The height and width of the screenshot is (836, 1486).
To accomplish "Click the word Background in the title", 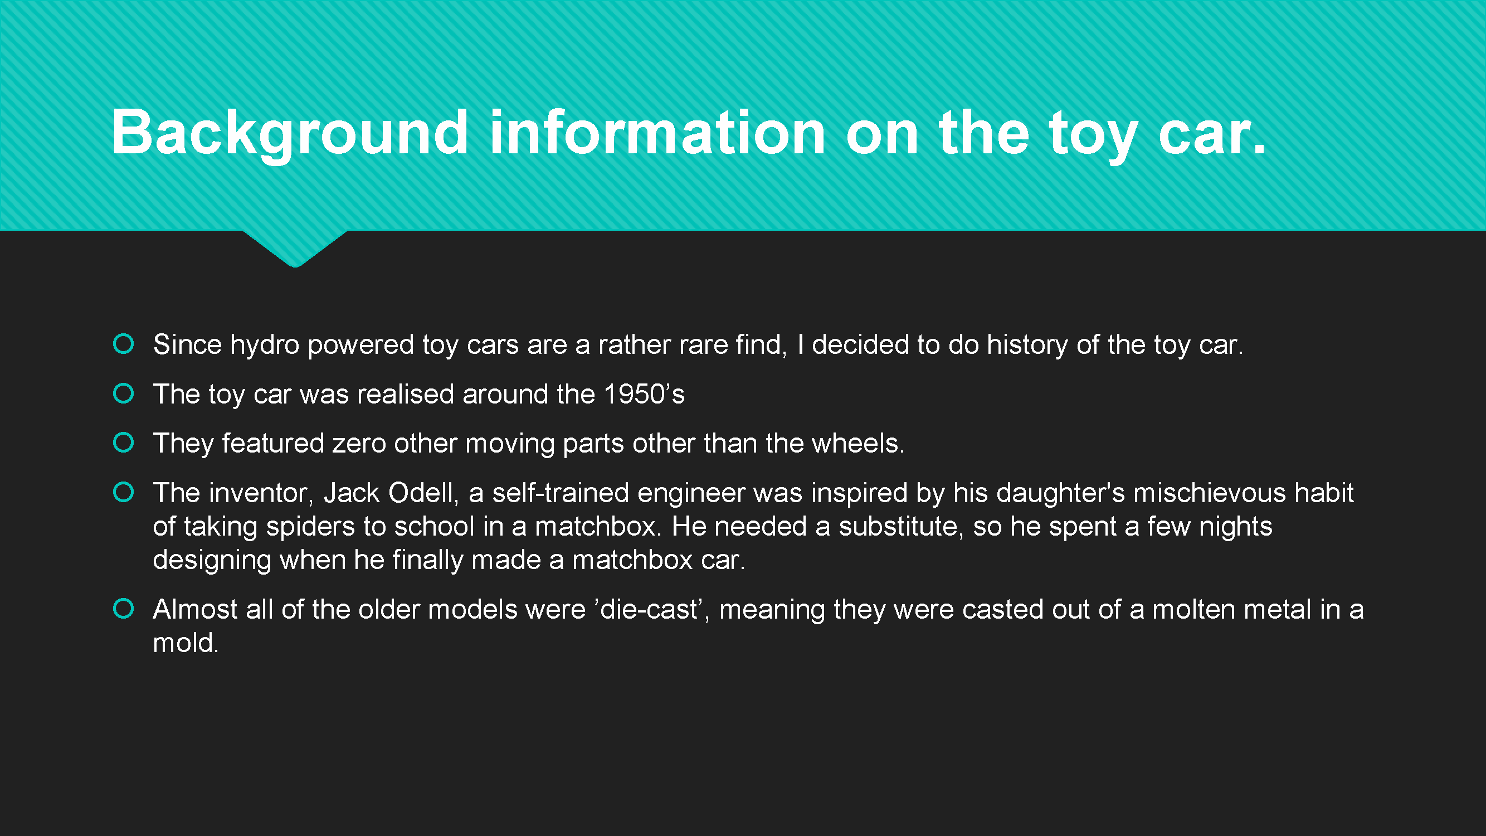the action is coord(290,134).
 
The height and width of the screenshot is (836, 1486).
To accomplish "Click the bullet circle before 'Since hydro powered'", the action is coord(124,344).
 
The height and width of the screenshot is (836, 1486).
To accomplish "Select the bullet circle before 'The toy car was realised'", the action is coord(124,393).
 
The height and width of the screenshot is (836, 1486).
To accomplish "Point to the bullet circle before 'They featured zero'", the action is coord(124,443).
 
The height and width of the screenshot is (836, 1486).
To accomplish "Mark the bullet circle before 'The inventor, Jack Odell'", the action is coord(124,492).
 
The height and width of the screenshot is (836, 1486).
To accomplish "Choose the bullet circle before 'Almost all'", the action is coord(124,609).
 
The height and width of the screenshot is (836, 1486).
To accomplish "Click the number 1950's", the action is coord(644,394).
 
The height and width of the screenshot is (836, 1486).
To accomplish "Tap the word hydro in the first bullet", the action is coord(265,345).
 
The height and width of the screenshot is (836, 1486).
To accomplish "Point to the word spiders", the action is coord(310,527).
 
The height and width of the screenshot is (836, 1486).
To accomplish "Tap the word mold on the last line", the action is coord(186,643).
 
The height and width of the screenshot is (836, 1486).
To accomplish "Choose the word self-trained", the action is coord(560,493).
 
